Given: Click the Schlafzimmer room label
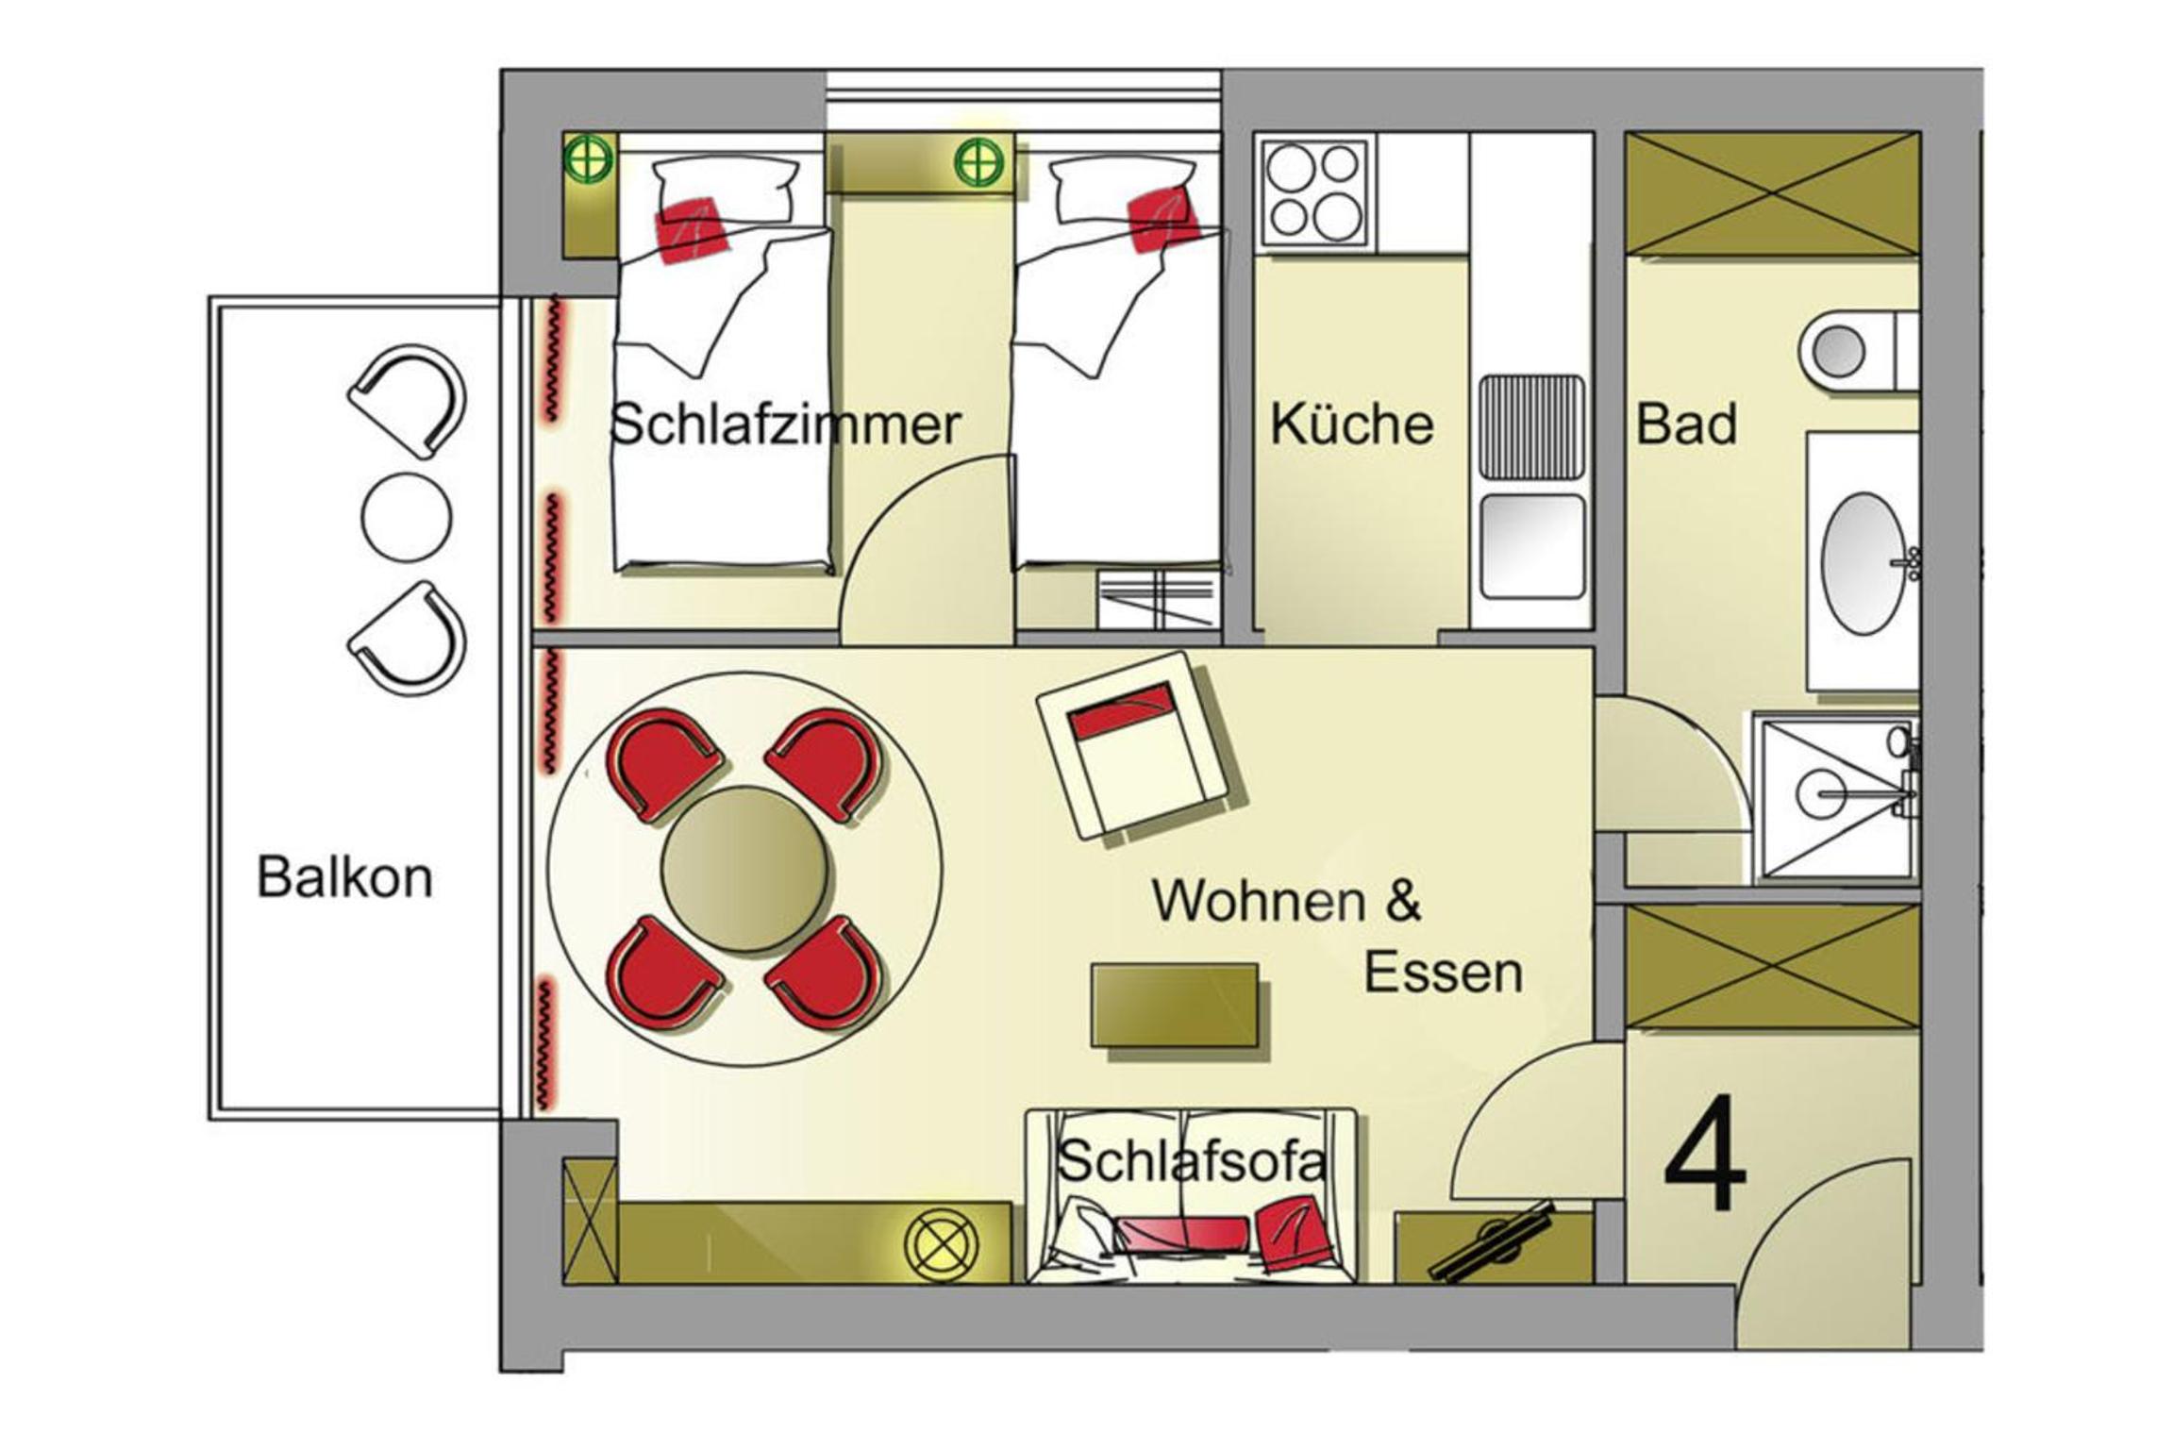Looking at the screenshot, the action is [785, 424].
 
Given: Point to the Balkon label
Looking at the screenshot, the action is [344, 877].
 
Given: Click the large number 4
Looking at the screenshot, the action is [1704, 1153].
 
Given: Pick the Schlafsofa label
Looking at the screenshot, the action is [1192, 1160].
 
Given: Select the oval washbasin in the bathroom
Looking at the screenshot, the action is [1864, 563].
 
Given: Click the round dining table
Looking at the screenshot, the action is [744, 869].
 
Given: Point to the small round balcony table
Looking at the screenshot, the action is [407, 517].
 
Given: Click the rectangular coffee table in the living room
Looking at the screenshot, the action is [1175, 1005].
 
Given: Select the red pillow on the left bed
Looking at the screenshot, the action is [693, 229].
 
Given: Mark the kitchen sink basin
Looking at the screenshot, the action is [1532, 546].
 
